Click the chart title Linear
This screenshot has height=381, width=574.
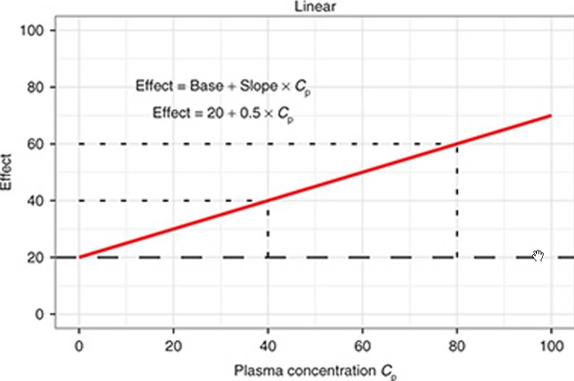[313, 7]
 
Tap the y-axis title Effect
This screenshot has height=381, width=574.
[8, 172]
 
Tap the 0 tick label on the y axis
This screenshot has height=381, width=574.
[41, 314]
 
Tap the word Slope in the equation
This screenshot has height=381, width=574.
[257, 86]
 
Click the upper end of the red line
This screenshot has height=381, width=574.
[551, 115]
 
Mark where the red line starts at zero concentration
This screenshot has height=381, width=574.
[80, 257]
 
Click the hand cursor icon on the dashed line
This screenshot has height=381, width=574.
[538, 255]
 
